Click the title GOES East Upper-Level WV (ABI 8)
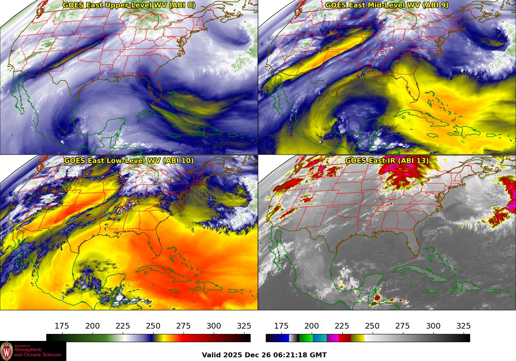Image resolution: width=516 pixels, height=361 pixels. pos(129,5)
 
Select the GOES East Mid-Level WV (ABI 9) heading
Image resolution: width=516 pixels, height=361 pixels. pos(387,5)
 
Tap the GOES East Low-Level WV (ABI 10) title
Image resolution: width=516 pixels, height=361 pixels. pos(129,161)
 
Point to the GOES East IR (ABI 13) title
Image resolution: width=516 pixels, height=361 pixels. pos(387,161)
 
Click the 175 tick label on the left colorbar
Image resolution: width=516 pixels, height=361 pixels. pos(62,326)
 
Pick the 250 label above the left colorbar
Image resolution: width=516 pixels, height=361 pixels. pos(153,326)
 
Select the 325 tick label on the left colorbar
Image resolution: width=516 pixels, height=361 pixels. pos(244,326)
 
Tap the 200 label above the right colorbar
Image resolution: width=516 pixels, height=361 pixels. pos(312,326)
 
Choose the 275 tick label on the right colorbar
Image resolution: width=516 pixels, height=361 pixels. pos(403,326)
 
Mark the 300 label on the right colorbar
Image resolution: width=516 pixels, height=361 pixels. pos(433,326)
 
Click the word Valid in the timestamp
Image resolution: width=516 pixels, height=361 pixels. pos(211,355)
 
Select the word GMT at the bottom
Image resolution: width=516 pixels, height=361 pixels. pos(319,355)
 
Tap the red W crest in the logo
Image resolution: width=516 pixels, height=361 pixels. pos(7,351)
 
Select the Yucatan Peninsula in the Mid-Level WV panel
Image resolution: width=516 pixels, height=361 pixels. pos(371,125)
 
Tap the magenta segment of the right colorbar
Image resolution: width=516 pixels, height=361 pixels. pos(333,338)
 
